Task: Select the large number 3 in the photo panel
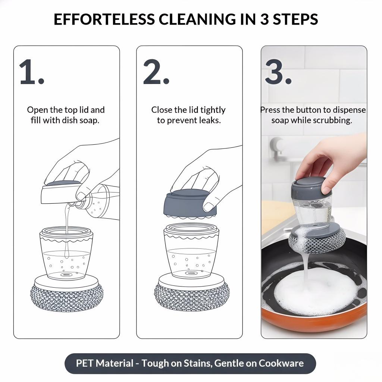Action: [275, 72]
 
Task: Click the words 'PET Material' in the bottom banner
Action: [104, 363]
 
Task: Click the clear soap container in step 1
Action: [66, 254]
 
